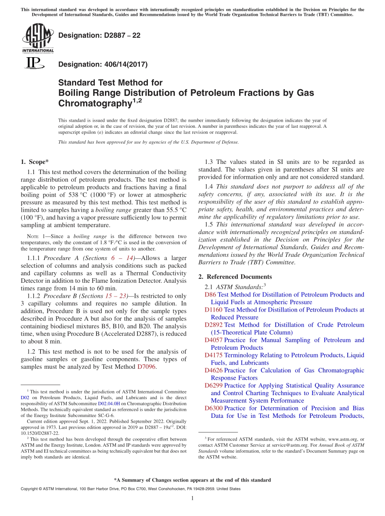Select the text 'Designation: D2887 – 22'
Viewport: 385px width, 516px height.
pos(99,35)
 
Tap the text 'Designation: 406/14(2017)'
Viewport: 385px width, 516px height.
pos(103,64)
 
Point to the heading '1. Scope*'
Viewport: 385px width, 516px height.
pos(34,162)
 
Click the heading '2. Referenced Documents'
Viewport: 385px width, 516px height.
pos(235,277)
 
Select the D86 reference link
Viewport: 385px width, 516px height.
pos(210,295)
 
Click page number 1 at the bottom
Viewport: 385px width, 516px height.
pos(192,499)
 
